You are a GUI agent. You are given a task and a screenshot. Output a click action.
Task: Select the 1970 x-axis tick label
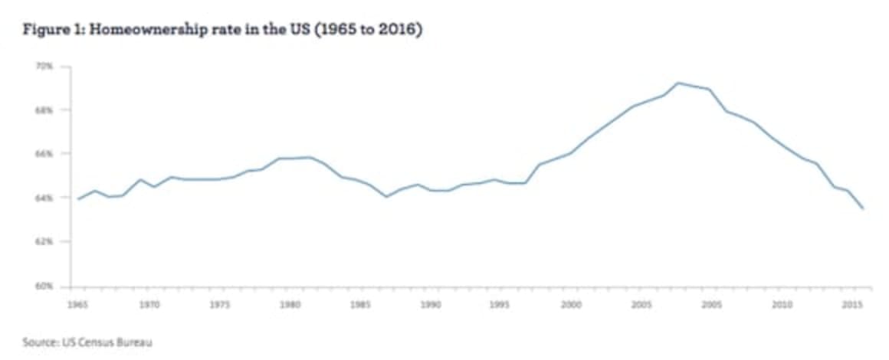click(x=149, y=304)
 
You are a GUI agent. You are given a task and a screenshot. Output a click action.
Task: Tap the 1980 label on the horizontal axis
click(x=290, y=304)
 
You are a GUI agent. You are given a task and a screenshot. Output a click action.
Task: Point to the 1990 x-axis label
click(x=431, y=304)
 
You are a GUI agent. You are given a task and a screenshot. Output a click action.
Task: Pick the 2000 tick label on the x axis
click(x=571, y=304)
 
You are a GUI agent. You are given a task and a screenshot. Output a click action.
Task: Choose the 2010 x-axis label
click(x=782, y=304)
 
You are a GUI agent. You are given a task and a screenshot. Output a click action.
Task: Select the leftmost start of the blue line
click(x=78, y=199)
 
